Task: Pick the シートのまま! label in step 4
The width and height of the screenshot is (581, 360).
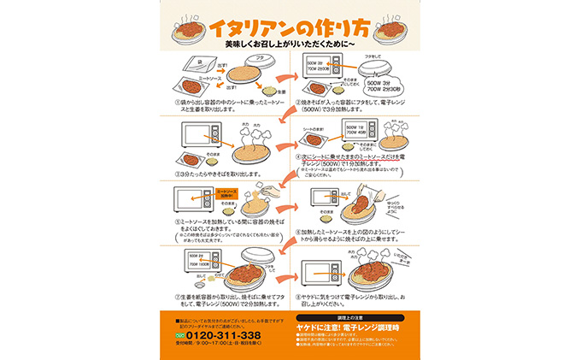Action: [316, 123]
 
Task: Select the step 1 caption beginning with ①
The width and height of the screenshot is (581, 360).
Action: [224, 107]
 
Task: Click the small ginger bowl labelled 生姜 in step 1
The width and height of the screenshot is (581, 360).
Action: [268, 89]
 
